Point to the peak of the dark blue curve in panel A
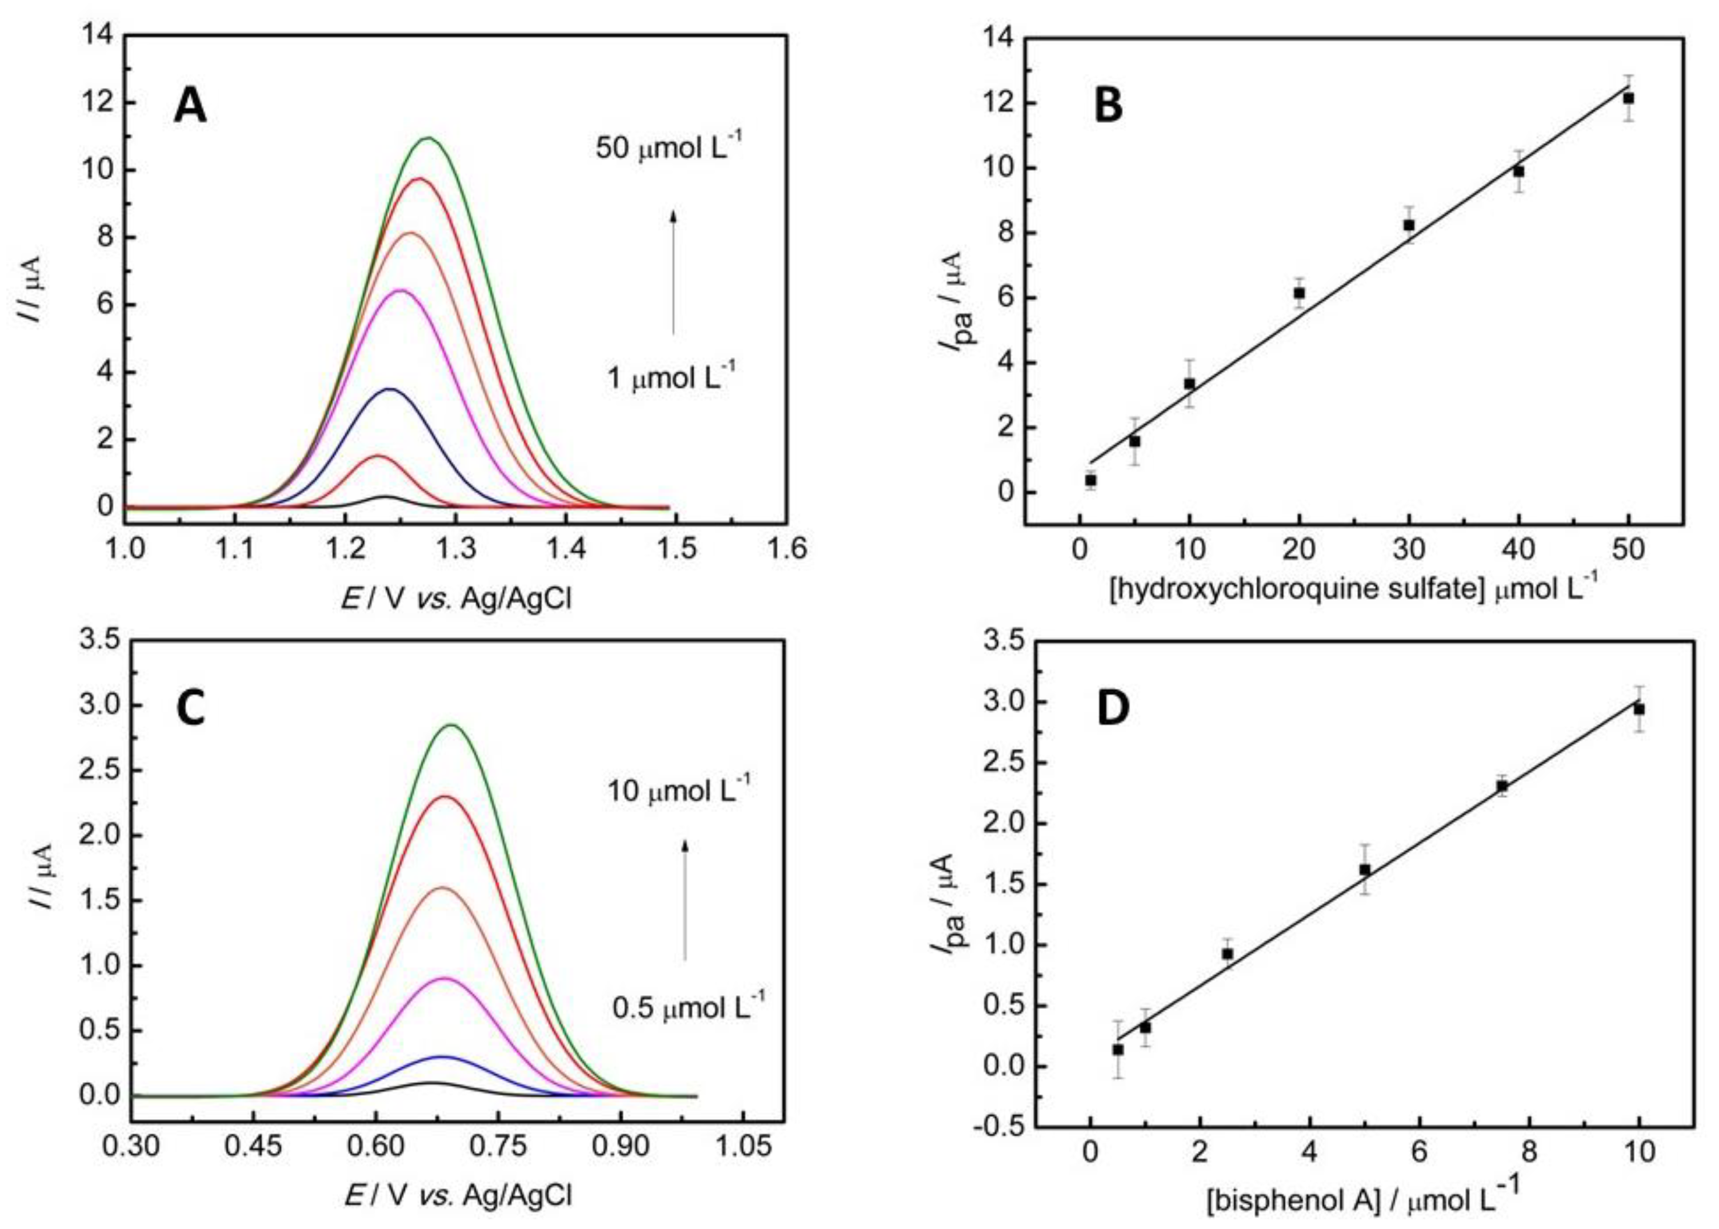pyautogui.click(x=390, y=389)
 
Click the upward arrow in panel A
pyautogui.click(x=673, y=273)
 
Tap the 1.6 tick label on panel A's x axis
pyautogui.click(x=787, y=548)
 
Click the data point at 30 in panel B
pyautogui.click(x=1409, y=226)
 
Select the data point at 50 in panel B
pyautogui.click(x=1629, y=98)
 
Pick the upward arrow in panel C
pyautogui.click(x=685, y=899)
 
